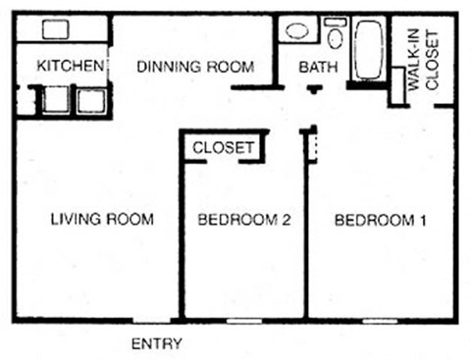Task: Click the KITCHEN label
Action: point(70,67)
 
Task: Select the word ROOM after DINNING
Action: point(233,67)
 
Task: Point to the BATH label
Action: point(316,68)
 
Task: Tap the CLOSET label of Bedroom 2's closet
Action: point(224,148)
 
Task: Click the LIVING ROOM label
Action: point(102,220)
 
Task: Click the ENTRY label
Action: point(156,344)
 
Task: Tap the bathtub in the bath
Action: point(370,50)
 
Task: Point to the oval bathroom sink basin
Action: point(295,30)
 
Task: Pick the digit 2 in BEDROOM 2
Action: point(287,221)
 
